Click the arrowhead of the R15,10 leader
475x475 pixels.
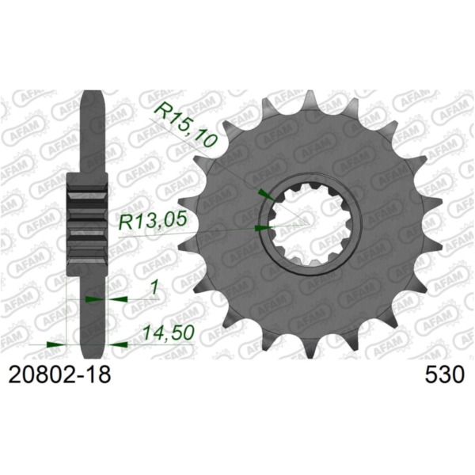[264, 192]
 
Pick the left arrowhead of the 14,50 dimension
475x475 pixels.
[55, 344]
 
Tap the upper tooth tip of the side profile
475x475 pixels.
[94, 99]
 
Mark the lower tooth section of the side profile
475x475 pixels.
[94, 317]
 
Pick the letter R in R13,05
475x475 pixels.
[125, 224]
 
